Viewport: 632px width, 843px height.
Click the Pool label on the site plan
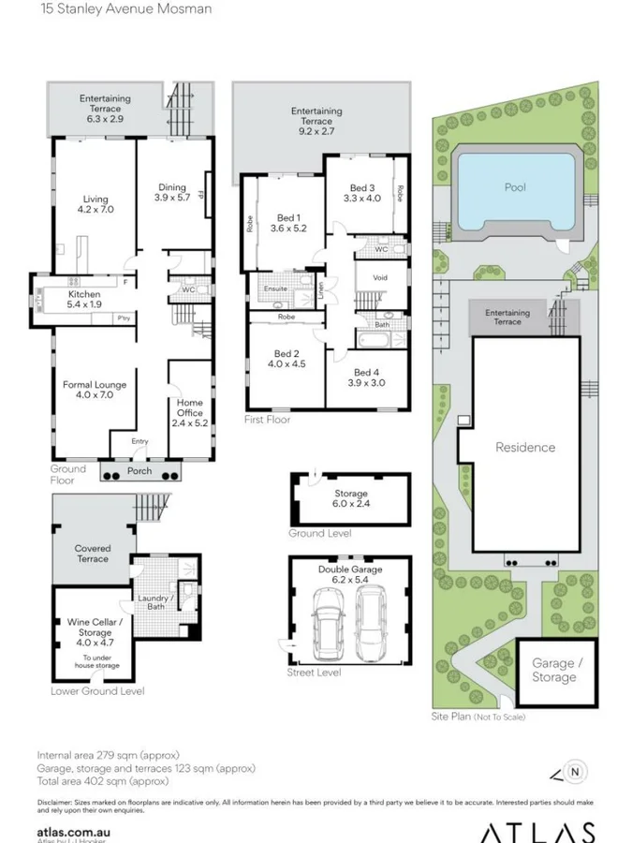(515, 187)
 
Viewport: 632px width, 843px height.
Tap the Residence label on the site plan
(525, 448)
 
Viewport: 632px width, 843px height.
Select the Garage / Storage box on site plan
(553, 671)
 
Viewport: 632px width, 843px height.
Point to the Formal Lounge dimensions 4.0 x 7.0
(95, 396)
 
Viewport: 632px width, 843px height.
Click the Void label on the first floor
(380, 278)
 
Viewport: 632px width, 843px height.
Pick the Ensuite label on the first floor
(274, 289)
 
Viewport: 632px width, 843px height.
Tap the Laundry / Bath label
(154, 602)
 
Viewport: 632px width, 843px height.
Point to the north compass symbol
(576, 772)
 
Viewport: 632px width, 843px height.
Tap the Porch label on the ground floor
(140, 471)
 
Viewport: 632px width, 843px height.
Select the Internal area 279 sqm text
(108, 755)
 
